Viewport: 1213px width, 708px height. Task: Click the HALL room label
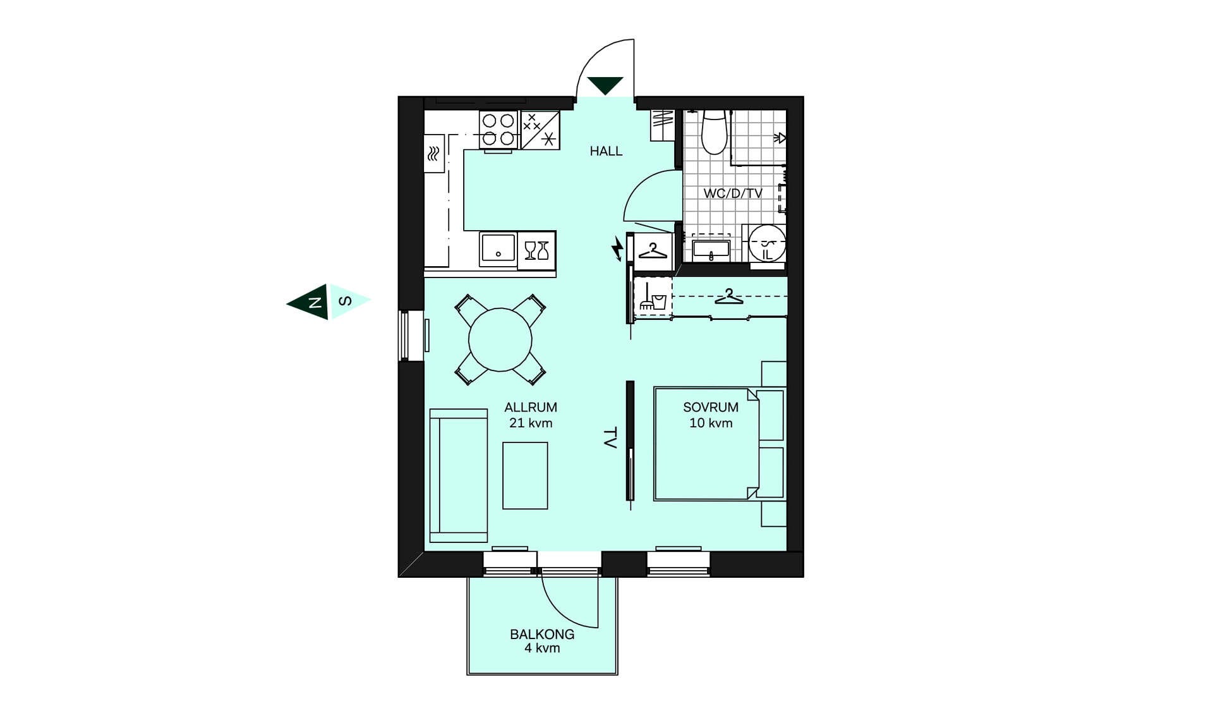click(x=606, y=151)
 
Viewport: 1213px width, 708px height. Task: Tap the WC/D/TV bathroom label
click(x=733, y=193)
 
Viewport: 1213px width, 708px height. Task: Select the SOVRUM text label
click(x=711, y=408)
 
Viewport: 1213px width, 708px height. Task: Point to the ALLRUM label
click(x=531, y=408)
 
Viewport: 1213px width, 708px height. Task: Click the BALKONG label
click(x=542, y=634)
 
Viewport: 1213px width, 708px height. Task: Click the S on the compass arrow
click(x=345, y=301)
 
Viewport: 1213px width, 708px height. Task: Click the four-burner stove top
click(x=498, y=130)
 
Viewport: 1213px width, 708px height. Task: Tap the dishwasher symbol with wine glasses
click(x=537, y=250)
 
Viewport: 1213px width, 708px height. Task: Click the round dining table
click(x=500, y=340)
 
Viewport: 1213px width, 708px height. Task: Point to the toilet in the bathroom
click(x=715, y=132)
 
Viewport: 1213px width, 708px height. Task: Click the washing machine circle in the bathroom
click(x=767, y=243)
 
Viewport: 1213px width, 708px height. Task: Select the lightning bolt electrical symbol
click(x=617, y=248)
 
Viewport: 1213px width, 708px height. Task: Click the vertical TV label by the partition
click(x=610, y=438)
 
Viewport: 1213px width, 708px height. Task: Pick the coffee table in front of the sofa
click(x=525, y=475)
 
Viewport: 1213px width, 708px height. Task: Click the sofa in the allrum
click(x=459, y=475)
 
